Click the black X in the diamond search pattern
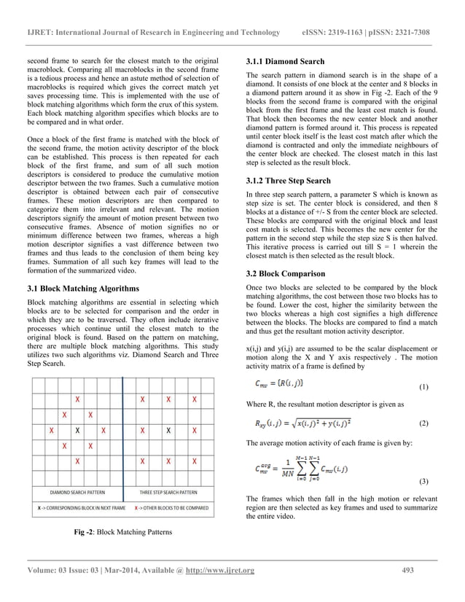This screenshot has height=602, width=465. [77, 431]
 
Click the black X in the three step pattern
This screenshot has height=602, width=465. [168, 431]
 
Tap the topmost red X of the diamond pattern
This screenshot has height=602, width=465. [77, 399]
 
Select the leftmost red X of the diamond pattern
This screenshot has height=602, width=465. [51, 431]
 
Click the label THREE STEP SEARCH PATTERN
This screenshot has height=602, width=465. [168, 493]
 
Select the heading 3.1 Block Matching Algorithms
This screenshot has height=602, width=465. [83, 289]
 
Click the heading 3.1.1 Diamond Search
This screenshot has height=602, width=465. [285, 61]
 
